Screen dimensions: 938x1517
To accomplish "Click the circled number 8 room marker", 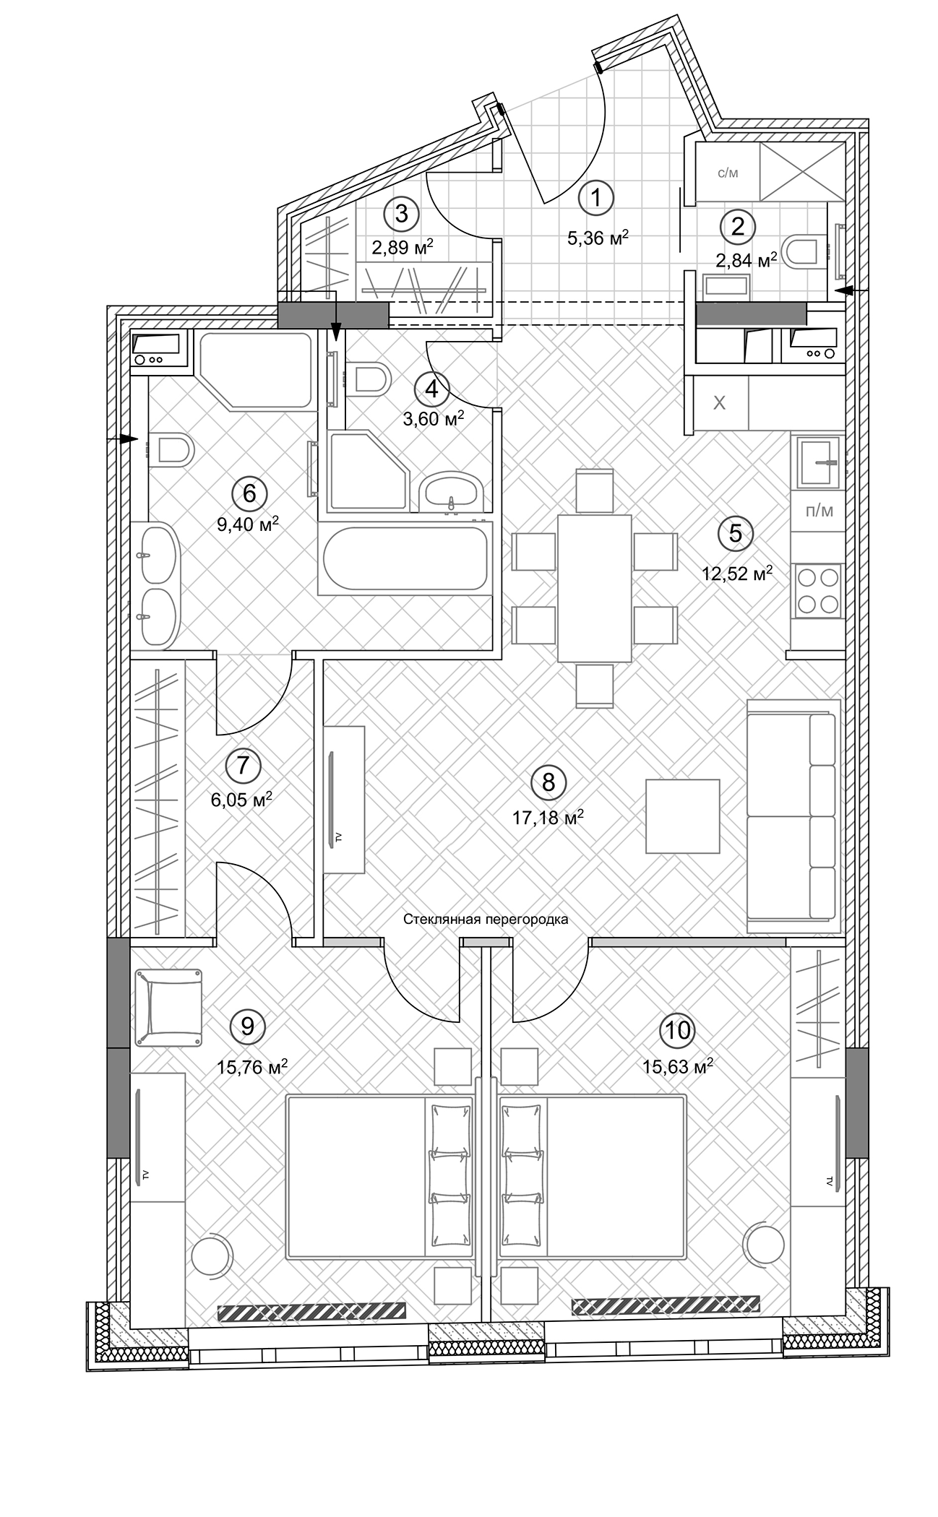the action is pos(548,782).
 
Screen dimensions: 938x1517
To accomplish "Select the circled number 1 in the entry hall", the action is pos(596,196).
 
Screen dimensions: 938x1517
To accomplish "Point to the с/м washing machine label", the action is pos(728,173).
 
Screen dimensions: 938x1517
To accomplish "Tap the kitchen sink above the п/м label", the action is pos(819,462).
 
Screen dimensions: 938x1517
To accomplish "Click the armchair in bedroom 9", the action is pos(168,1007).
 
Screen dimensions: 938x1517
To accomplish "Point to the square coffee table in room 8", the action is pos(683,816).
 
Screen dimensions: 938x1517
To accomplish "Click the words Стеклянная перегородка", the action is pos(486,920).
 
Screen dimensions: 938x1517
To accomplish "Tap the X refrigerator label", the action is pos(719,403).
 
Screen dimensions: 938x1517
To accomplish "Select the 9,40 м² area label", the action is pos(248,524).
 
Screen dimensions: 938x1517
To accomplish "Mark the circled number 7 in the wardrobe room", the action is pos(243,765).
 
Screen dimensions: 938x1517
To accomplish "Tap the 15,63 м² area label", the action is pos(679,1066).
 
